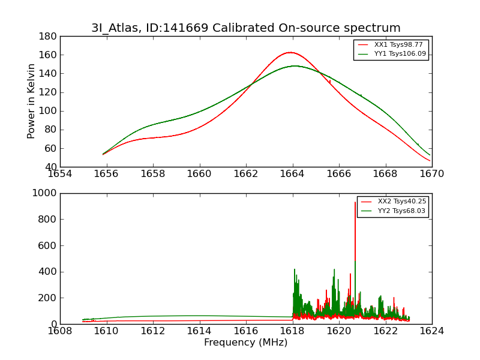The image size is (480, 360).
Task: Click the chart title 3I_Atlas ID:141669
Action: pos(246,28)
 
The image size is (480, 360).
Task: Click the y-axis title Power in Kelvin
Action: pos(31,101)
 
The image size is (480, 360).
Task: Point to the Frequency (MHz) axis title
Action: pos(246,343)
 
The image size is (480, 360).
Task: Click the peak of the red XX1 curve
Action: pos(290,52)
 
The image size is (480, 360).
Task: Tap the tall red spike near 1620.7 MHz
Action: pos(355,203)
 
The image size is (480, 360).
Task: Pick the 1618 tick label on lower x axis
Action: pos(292,331)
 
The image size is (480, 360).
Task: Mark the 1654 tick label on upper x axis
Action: pos(60,174)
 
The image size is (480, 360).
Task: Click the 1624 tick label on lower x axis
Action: pos(431,331)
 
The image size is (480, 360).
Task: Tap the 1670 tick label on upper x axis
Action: pos(431,174)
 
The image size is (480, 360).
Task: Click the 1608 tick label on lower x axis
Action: pos(60,331)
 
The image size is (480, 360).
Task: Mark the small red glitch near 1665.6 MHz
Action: pos(329,81)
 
